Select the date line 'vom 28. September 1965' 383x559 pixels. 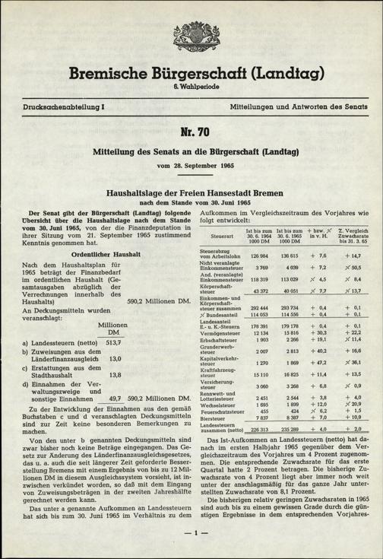[191, 165]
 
